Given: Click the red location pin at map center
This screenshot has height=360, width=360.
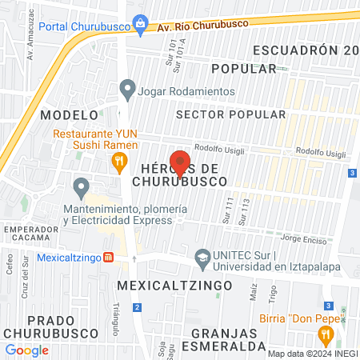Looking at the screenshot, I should coord(180,162).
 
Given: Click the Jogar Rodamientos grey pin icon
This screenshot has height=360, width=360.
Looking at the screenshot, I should coord(126,90).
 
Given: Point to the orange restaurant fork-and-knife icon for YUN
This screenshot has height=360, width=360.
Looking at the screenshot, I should coord(119,163).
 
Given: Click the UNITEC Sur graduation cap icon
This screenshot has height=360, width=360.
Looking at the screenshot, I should coord(204,258).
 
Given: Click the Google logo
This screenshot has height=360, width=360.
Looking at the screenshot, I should coord(26,350).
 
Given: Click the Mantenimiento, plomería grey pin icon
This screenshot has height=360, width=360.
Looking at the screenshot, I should coord(81,189).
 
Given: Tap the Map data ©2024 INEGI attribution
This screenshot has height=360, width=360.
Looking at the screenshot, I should coord(312,354).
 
